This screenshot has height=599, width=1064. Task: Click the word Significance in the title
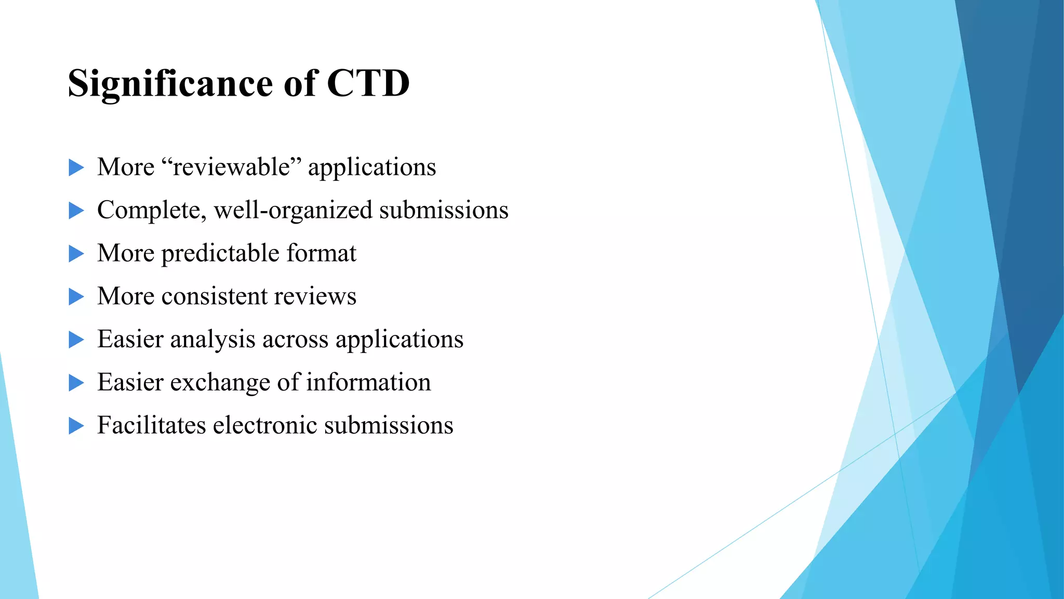tap(170, 83)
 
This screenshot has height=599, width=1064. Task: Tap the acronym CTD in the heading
tap(368, 83)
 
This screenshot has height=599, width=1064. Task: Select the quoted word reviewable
tap(232, 167)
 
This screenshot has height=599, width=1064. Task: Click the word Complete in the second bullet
tap(151, 211)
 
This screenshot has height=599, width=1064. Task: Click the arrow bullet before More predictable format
tap(76, 254)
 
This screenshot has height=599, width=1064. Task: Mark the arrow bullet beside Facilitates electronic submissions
tap(76, 426)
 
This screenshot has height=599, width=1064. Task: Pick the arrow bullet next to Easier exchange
tap(76, 383)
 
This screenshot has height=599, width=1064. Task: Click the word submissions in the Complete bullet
tap(444, 211)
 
